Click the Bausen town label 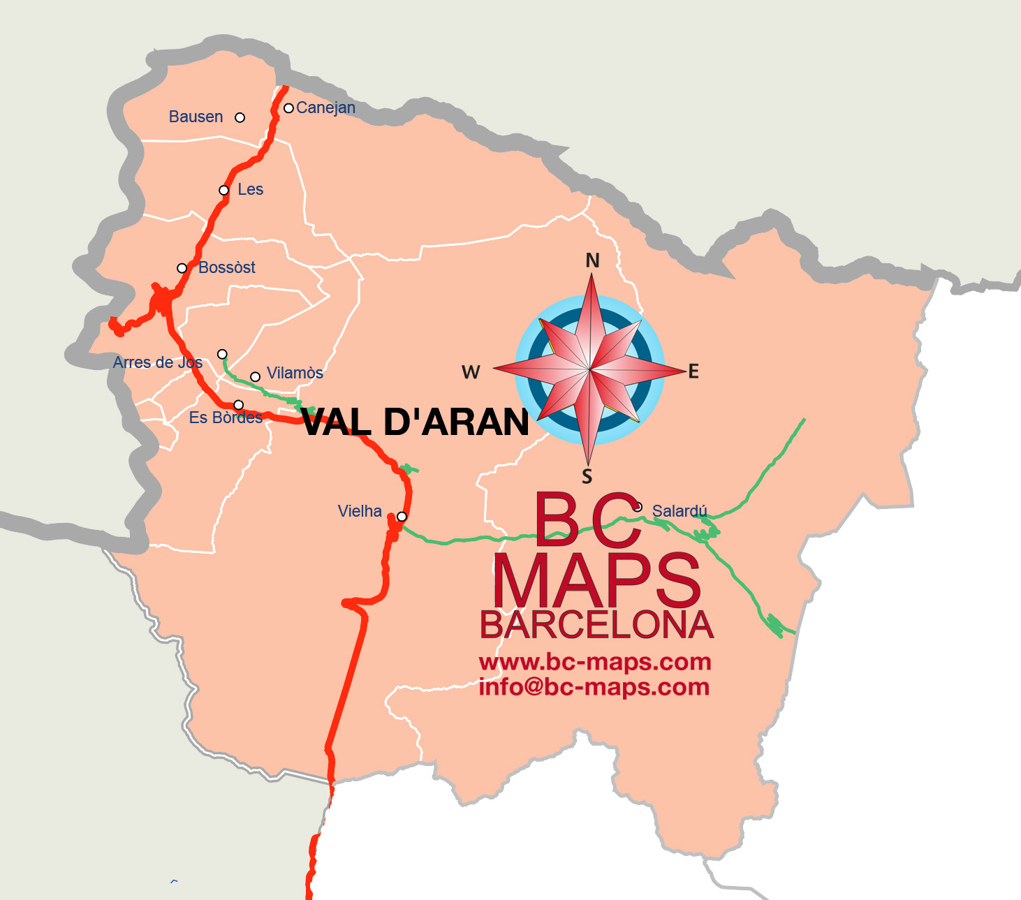tap(196, 117)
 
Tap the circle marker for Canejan tap(288, 108)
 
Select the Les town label tap(250, 189)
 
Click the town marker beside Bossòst tap(182, 268)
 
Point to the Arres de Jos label tap(158, 362)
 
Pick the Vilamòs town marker tap(256, 377)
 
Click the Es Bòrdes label tap(226, 418)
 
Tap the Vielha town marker tap(402, 517)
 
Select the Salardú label tap(680, 511)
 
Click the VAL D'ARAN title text tap(416, 422)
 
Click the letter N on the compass tap(592, 260)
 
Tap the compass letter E tap(693, 371)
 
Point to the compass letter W tap(471, 372)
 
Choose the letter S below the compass tap(587, 477)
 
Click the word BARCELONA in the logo tap(596, 625)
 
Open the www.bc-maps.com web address tap(594, 661)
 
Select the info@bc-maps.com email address tap(594, 687)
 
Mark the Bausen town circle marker tap(240, 117)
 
